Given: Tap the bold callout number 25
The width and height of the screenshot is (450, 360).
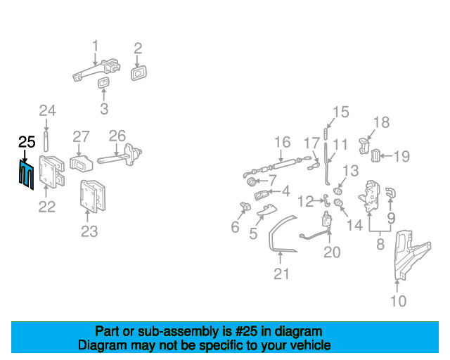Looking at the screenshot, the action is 27,142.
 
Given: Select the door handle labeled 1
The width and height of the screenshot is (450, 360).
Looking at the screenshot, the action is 96,70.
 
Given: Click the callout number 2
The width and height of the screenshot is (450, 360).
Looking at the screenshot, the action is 138,49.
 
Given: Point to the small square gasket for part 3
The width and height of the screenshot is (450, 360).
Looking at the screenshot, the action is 103,83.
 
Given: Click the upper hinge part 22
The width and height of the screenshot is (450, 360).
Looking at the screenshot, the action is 51,172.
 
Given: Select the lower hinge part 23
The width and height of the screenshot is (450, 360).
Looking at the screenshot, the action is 92,196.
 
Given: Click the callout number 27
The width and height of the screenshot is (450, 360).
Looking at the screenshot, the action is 81,137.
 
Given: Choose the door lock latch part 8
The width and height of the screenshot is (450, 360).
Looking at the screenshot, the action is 369,197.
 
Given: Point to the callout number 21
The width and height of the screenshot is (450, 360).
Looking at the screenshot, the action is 281,274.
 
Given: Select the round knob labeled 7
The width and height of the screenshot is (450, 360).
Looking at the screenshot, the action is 252,181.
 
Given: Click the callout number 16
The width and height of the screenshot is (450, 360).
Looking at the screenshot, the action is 283,142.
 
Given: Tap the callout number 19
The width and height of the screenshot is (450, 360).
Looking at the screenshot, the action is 401,157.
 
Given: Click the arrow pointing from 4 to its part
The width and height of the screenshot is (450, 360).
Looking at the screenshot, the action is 275,191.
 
